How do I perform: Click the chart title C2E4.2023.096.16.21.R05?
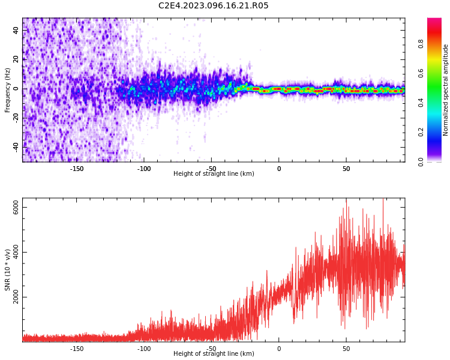click(x=214, y=6)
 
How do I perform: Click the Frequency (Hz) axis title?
click(x=8, y=90)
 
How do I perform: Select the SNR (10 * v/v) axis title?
click(x=8, y=270)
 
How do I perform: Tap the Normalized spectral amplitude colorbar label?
click(x=446, y=90)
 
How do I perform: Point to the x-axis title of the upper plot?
click(x=214, y=174)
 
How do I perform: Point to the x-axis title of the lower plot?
click(x=214, y=354)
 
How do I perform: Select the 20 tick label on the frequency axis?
click(x=16, y=59)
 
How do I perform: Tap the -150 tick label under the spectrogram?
click(x=77, y=169)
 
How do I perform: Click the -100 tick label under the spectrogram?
click(x=144, y=169)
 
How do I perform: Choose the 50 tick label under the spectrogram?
click(x=346, y=169)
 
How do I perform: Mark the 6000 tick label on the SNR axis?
click(x=16, y=208)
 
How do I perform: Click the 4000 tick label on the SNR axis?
click(x=16, y=253)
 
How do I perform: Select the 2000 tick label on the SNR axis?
click(x=16, y=297)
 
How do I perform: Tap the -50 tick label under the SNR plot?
click(x=211, y=349)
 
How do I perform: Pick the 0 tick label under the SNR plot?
click(x=279, y=349)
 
